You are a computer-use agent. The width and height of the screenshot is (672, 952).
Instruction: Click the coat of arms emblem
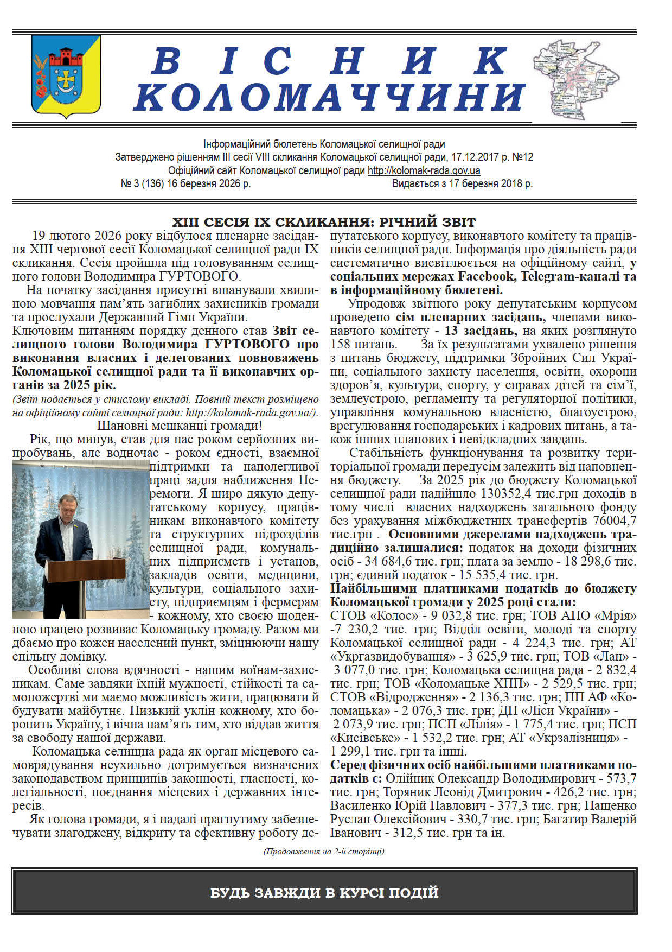point(66,76)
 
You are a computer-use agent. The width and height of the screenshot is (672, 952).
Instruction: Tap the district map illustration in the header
point(575,79)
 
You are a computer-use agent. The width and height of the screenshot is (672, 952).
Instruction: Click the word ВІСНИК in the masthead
point(330,61)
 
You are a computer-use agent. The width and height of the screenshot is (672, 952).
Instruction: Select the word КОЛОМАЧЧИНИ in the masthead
point(330,98)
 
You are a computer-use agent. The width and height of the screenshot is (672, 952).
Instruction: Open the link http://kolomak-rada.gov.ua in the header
point(424,170)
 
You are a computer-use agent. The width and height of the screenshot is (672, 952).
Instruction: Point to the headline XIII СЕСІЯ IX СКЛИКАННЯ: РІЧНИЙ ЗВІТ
point(324,222)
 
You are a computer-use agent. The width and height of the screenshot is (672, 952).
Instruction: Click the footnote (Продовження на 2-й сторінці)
point(324,851)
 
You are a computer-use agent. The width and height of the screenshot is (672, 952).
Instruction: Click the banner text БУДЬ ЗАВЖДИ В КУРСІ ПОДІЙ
point(324,893)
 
